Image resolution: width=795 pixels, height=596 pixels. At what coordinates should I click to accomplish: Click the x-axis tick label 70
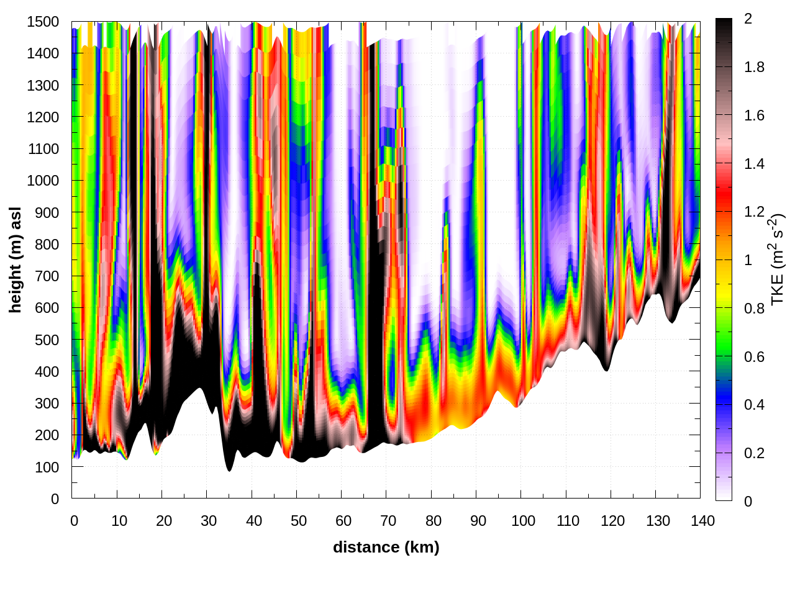(388, 521)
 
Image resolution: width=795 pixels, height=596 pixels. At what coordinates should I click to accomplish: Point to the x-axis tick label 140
(702, 521)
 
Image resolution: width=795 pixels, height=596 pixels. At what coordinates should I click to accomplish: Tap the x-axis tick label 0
(75, 521)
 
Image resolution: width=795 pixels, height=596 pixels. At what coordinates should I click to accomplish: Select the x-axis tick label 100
(523, 521)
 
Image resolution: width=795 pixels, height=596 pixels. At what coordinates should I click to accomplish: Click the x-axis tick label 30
(209, 521)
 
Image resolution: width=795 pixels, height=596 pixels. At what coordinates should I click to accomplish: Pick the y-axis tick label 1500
(43, 22)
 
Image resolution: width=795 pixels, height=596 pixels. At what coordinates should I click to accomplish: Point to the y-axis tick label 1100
(43, 149)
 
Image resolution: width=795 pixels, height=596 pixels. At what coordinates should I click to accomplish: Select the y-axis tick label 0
(55, 499)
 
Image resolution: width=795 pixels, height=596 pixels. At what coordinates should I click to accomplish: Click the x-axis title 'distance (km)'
(386, 547)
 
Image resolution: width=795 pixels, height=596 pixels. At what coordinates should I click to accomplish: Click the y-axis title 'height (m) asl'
(16, 260)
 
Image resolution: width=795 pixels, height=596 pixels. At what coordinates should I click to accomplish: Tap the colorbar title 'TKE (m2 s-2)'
(778, 260)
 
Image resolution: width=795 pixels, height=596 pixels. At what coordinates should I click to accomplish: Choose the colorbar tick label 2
(748, 19)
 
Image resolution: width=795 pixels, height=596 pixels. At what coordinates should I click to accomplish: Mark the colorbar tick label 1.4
(754, 164)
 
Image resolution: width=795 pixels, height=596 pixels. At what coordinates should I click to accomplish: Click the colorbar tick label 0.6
(754, 357)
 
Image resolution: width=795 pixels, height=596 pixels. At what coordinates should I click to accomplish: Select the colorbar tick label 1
(748, 260)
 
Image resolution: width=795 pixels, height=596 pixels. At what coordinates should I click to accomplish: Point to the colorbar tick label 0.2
(754, 453)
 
